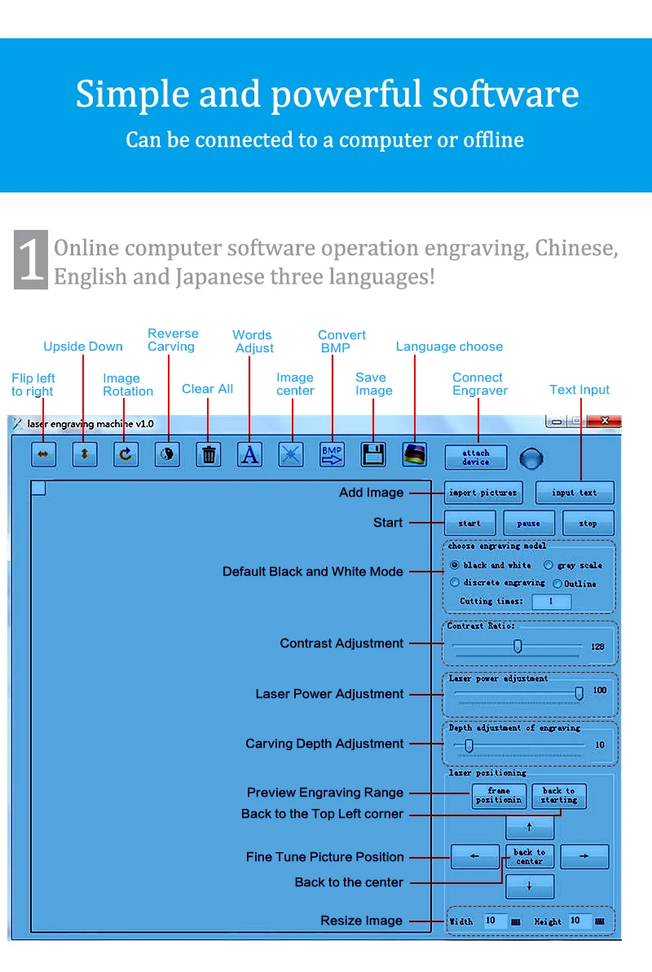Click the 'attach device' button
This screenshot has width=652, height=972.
475,457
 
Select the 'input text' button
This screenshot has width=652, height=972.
575,493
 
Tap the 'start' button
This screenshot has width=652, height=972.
469,524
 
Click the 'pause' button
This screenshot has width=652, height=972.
528,524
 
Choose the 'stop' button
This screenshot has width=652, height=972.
588,524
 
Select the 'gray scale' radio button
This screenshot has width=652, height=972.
548,565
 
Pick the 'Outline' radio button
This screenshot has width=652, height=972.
557,584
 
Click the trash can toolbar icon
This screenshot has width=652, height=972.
209,455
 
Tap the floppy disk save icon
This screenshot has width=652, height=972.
373,455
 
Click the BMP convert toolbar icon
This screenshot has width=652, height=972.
332,455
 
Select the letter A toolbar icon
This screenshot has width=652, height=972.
249,455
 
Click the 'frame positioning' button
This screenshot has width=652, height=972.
499,796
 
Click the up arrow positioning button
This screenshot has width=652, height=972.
530,828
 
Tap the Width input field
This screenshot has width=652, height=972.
495,921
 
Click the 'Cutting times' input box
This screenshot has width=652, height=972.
551,602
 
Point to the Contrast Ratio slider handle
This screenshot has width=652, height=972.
517,647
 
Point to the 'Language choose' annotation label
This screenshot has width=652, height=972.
449,347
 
